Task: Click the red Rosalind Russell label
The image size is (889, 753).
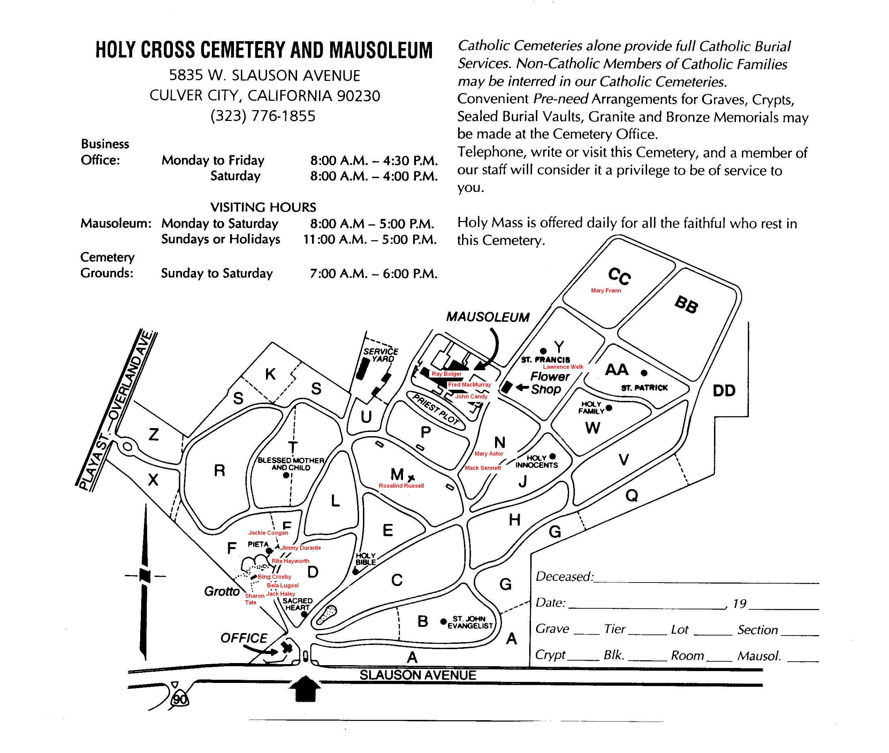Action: (401, 485)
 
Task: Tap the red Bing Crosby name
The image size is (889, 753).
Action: (274, 577)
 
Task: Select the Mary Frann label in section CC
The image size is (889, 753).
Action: (606, 290)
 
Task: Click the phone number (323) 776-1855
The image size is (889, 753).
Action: (263, 116)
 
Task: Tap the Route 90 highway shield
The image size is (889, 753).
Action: (179, 699)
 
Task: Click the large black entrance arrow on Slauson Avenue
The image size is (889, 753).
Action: (305, 689)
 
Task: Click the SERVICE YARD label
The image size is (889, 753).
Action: (381, 355)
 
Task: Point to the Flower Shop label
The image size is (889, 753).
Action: (550, 382)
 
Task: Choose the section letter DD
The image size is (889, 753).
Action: (724, 390)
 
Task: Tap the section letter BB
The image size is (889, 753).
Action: (686, 304)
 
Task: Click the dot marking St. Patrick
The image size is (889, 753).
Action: (644, 373)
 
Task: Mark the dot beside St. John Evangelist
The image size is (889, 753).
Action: (443, 621)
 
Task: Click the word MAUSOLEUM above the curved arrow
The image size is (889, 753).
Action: (488, 317)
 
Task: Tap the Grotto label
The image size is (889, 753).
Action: (221, 591)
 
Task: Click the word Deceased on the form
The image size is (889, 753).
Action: (564, 577)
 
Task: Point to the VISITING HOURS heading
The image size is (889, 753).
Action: (263, 207)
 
